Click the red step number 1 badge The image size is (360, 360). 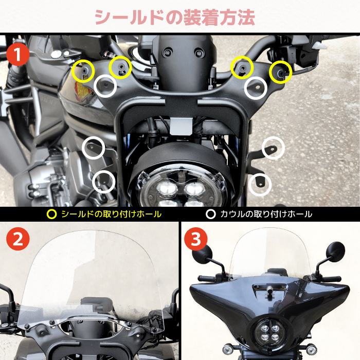pyautogui.click(x=18, y=55)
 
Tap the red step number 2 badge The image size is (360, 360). pyautogui.click(x=18, y=239)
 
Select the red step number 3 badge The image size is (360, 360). pyautogui.click(x=196, y=239)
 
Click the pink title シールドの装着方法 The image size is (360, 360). pyautogui.click(x=175, y=17)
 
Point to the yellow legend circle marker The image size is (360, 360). pyautogui.click(x=51, y=214)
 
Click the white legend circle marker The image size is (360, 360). pyautogui.click(x=211, y=214)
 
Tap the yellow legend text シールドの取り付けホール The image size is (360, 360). pyautogui.click(x=112, y=214)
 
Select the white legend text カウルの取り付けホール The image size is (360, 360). pyautogui.click(x=266, y=214)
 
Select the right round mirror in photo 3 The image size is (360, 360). pyautogui.click(x=335, y=251)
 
